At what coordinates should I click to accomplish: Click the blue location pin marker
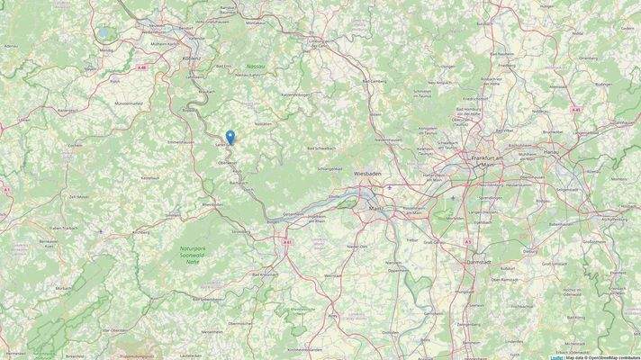tap(230, 137)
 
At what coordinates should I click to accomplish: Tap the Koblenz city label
tap(192, 57)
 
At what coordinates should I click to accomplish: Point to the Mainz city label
tap(377, 208)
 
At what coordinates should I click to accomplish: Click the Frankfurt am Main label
tap(484, 161)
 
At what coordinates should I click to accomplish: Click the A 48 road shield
tap(142, 67)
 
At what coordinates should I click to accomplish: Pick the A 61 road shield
tap(286, 241)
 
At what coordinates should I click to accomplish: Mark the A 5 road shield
tap(468, 241)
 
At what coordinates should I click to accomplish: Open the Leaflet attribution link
tap(556, 356)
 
